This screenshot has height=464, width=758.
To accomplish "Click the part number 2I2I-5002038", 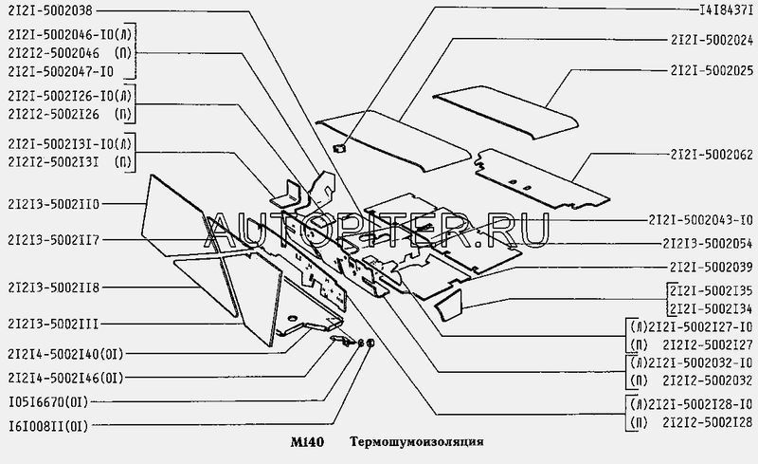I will point(50,11).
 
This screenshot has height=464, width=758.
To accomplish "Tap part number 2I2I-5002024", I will point(711,40).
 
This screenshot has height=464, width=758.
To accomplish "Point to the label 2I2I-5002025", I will point(711,71).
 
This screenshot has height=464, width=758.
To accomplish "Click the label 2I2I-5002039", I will point(711,268).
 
